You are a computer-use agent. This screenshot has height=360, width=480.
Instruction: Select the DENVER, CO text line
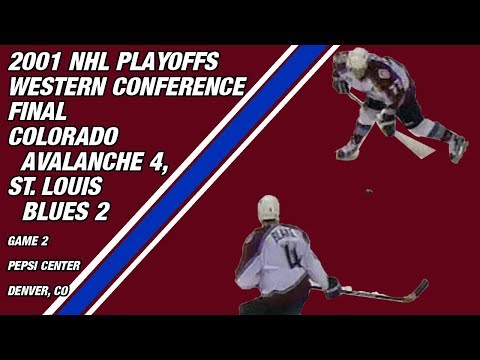click(x=37, y=291)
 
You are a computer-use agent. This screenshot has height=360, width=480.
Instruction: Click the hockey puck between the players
click(x=370, y=190)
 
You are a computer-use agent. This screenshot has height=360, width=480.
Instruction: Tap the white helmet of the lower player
click(x=268, y=208)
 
